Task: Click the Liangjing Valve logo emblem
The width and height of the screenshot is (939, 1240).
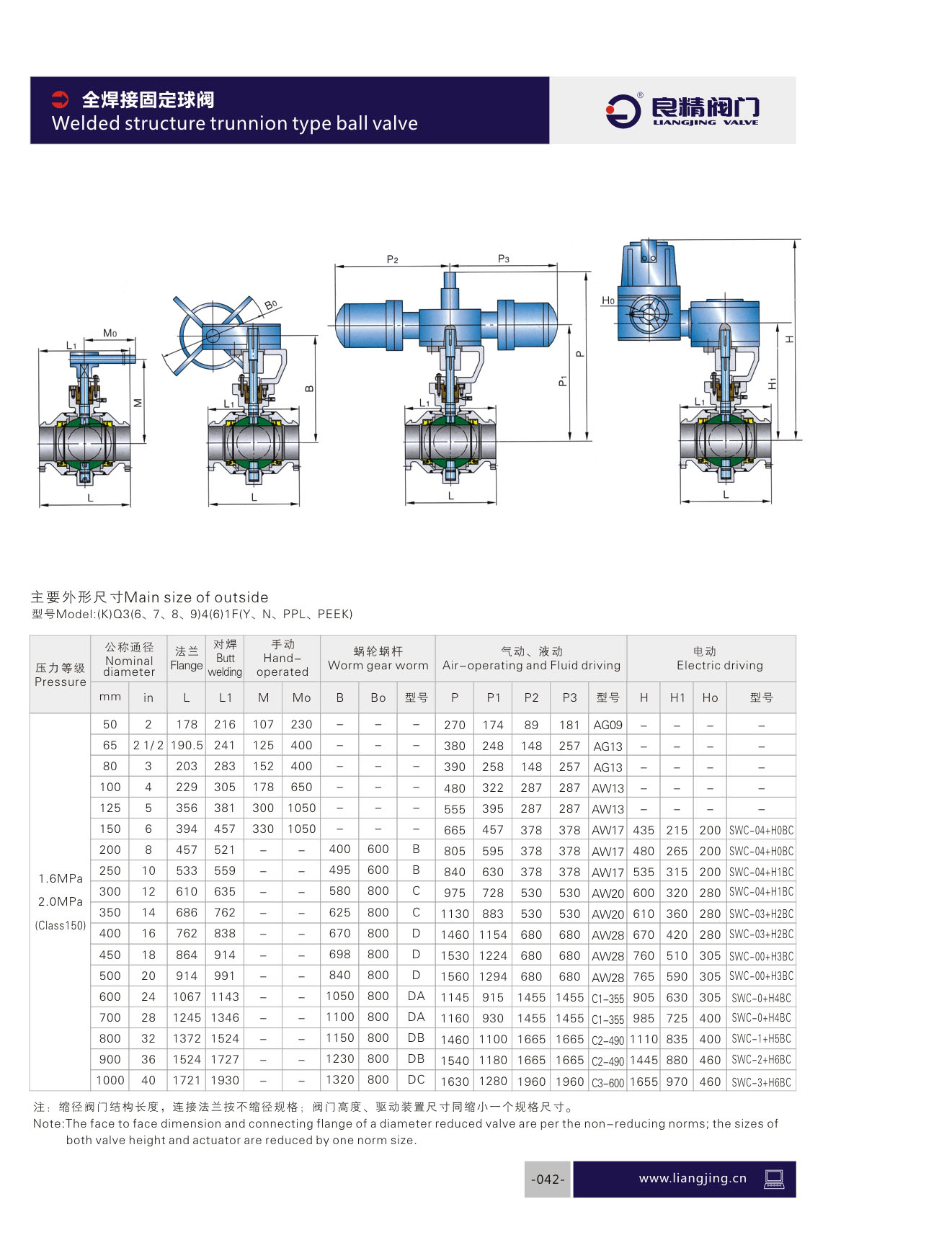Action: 623,110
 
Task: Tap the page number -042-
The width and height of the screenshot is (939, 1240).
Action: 548,1179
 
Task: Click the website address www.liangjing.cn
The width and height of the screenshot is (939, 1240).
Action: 693,1179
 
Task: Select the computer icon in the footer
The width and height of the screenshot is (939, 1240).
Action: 774,1179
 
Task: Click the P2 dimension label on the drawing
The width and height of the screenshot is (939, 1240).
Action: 392,259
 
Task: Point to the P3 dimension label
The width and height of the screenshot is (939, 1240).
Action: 504,259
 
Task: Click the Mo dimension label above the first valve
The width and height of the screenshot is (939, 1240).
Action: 110,333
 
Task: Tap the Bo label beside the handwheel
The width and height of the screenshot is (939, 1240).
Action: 270,305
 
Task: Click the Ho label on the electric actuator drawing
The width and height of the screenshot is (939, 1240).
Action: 608,300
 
